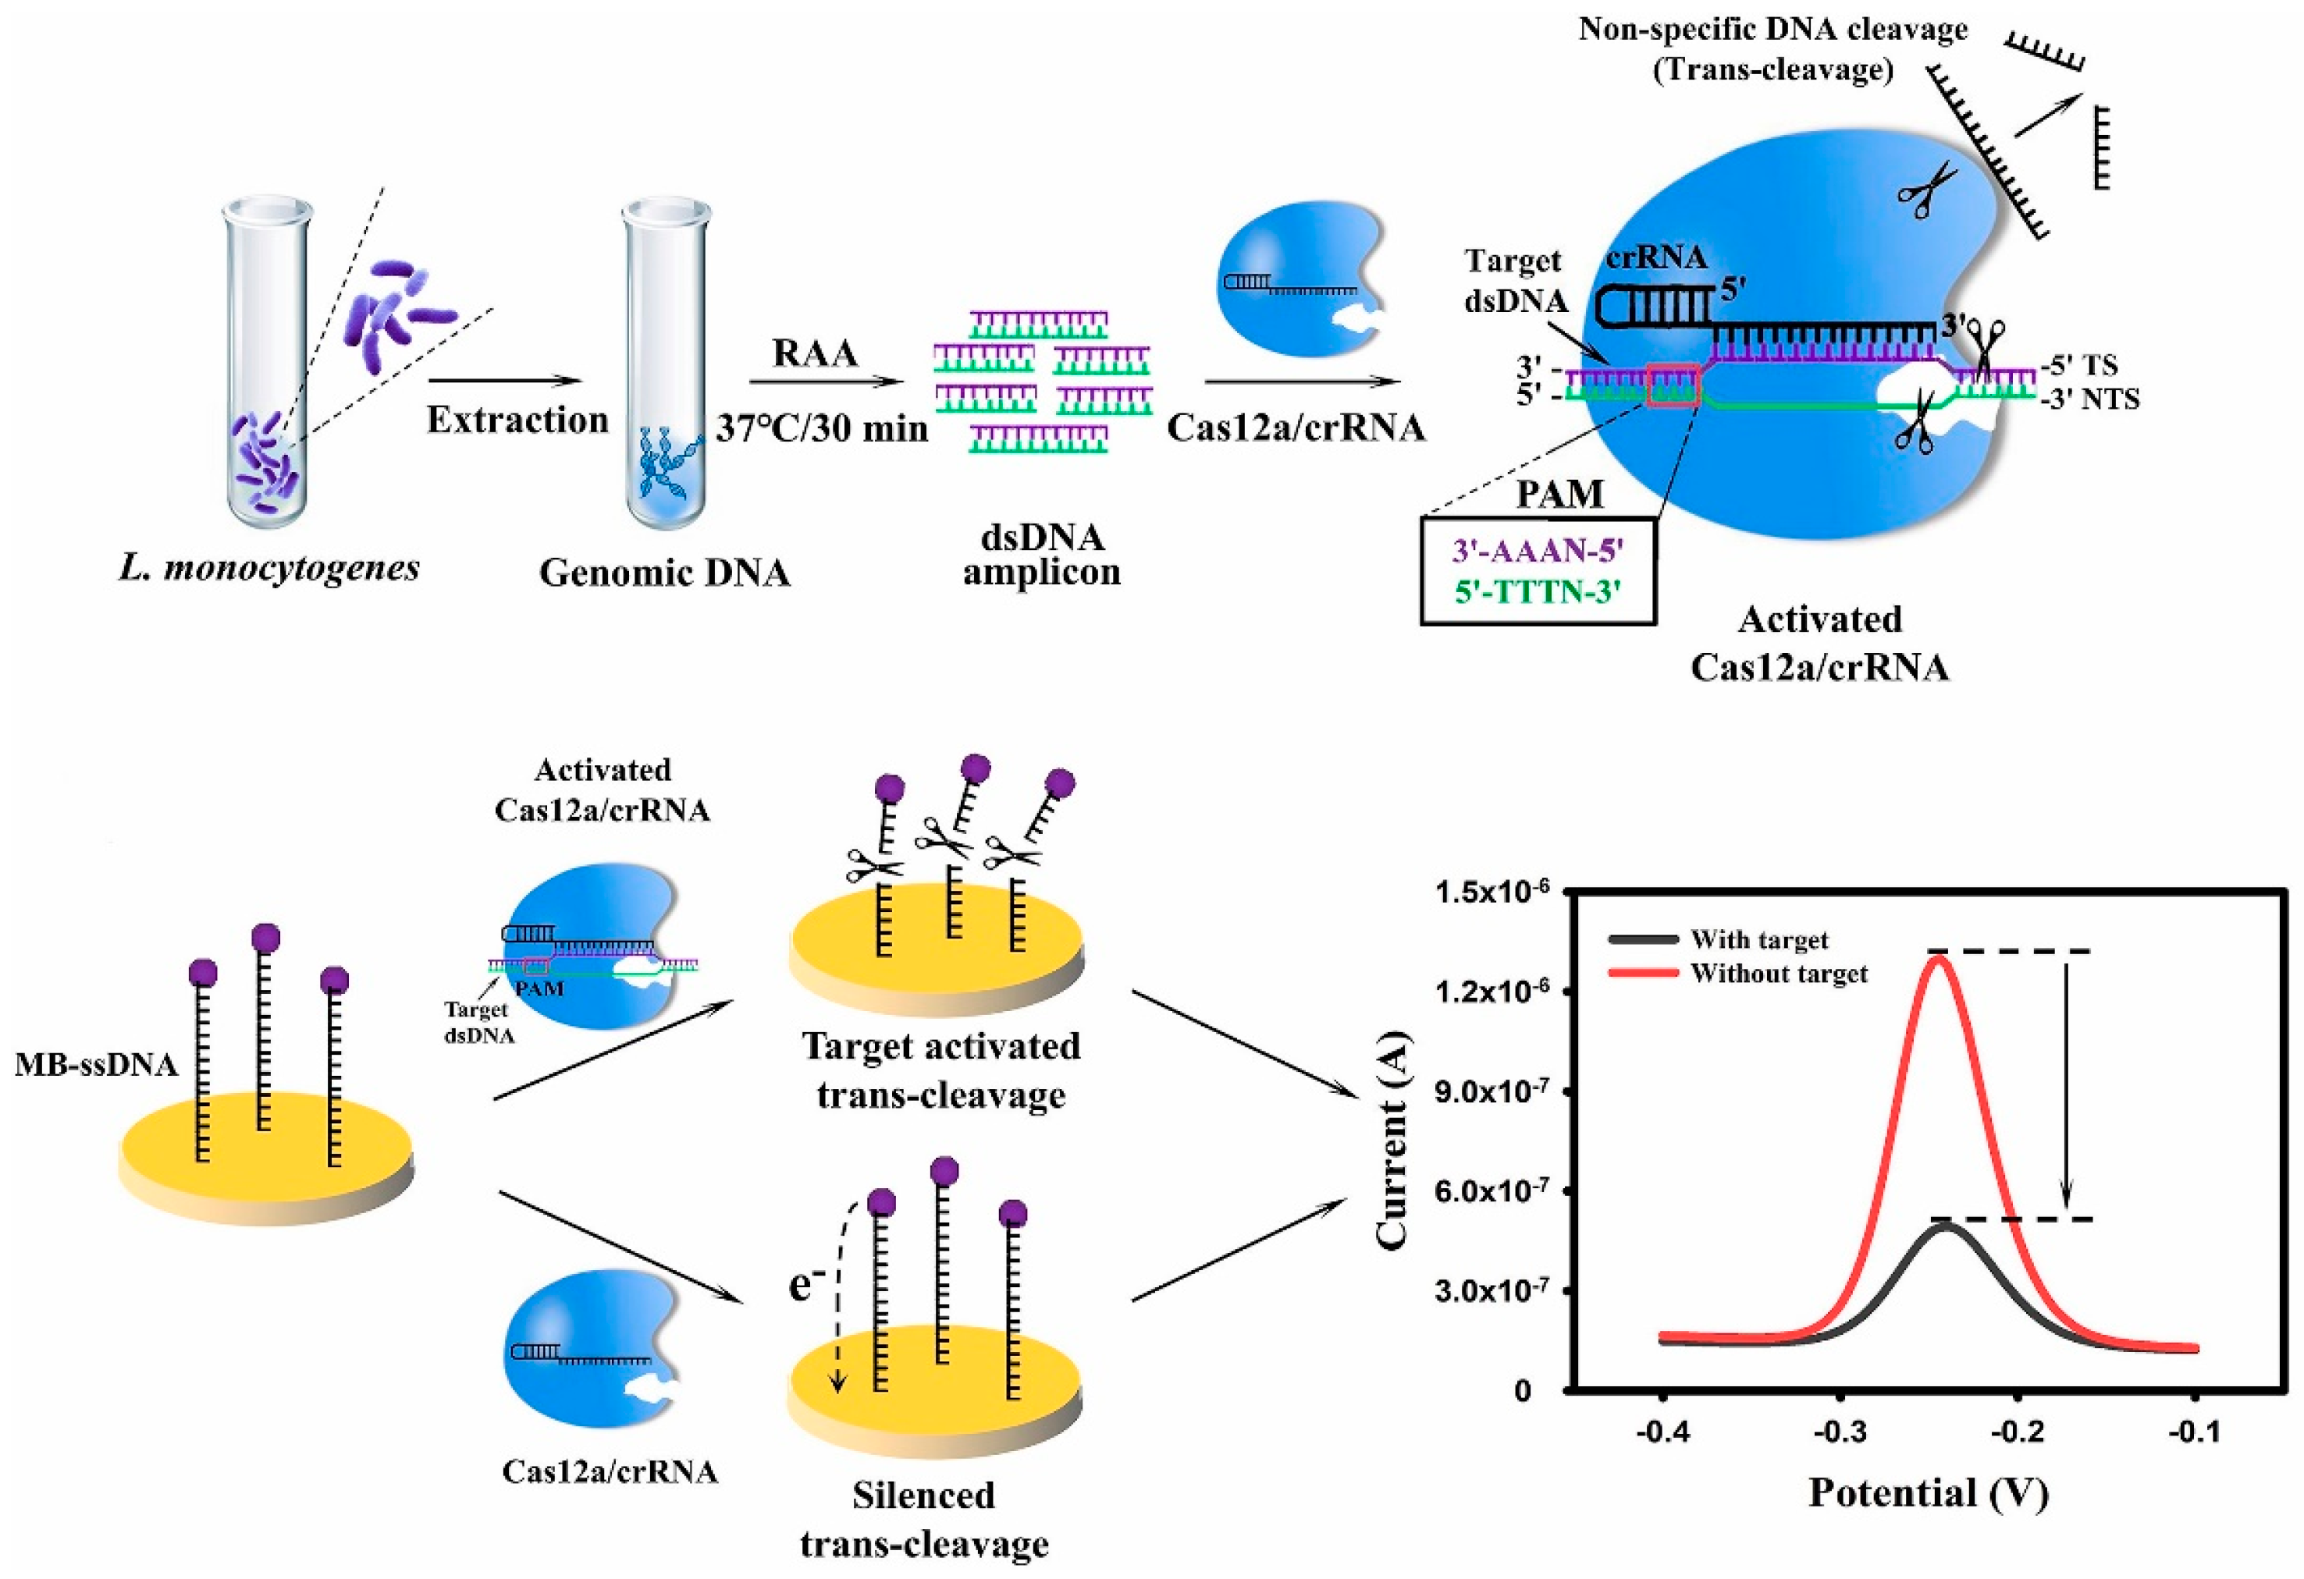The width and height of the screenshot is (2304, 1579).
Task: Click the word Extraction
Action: click(517, 420)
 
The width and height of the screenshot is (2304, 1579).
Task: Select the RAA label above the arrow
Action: click(815, 353)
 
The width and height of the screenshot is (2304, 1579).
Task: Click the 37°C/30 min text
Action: click(822, 428)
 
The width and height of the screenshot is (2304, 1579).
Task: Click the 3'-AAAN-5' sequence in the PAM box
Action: click(1538, 550)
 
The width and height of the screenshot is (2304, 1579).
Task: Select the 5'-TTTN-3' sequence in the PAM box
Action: click(1538, 592)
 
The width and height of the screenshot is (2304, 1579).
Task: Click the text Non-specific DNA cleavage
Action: click(1772, 30)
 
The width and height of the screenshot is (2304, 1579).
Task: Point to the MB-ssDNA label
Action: click(96, 1065)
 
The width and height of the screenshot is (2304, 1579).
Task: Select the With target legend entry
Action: click(1758, 939)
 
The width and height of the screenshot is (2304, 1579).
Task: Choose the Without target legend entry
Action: click(1779, 974)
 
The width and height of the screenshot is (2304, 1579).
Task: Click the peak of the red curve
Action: click(1940, 956)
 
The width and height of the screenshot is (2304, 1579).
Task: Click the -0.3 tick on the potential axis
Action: click(1840, 1433)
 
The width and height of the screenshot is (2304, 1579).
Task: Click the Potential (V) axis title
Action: click(1929, 1492)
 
